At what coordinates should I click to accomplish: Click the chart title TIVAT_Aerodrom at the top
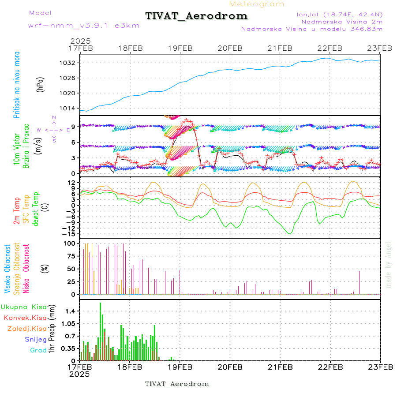(x=196, y=16)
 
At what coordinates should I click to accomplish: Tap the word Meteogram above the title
(x=257, y=4)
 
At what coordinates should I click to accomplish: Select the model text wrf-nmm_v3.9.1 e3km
(x=83, y=26)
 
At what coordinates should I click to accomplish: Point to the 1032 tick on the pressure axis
(x=68, y=63)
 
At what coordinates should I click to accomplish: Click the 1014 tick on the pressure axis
(x=68, y=108)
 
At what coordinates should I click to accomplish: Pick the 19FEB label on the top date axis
(x=180, y=48)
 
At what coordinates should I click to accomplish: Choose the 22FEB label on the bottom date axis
(x=330, y=367)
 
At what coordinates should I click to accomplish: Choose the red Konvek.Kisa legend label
(x=25, y=318)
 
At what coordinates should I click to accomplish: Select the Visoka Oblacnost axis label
(x=7, y=269)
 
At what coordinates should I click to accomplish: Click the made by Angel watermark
(x=389, y=265)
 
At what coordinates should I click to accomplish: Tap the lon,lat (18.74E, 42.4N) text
(x=340, y=14)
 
